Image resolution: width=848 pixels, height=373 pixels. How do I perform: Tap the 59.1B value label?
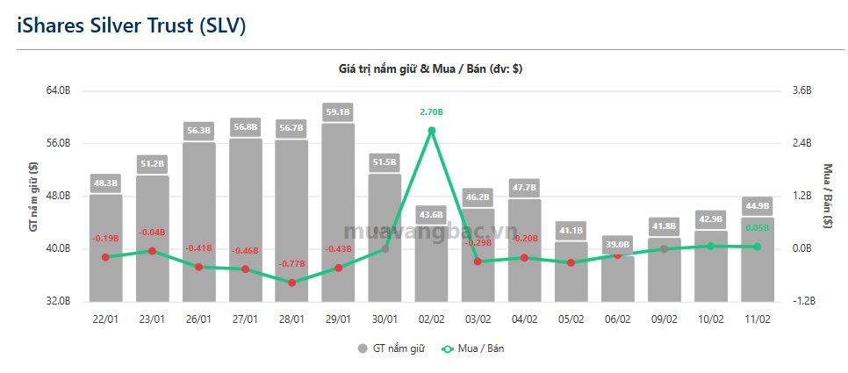click(338, 111)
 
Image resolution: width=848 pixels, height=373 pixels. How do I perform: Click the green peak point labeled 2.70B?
click(431, 131)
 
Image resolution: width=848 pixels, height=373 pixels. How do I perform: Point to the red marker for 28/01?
click(291, 283)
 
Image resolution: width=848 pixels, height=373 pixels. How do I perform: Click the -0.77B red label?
click(291, 263)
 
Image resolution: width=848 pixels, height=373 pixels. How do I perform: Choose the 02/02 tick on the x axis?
click(431, 319)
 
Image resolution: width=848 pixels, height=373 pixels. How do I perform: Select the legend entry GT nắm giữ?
click(392, 348)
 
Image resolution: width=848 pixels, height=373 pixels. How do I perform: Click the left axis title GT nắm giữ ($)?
click(33, 196)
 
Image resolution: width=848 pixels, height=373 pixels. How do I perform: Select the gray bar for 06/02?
click(617, 278)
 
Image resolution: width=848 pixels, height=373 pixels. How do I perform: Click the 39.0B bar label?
click(617, 245)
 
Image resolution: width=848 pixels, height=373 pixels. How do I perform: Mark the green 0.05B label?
click(757, 227)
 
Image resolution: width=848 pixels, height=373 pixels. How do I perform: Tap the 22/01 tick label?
click(105, 319)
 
